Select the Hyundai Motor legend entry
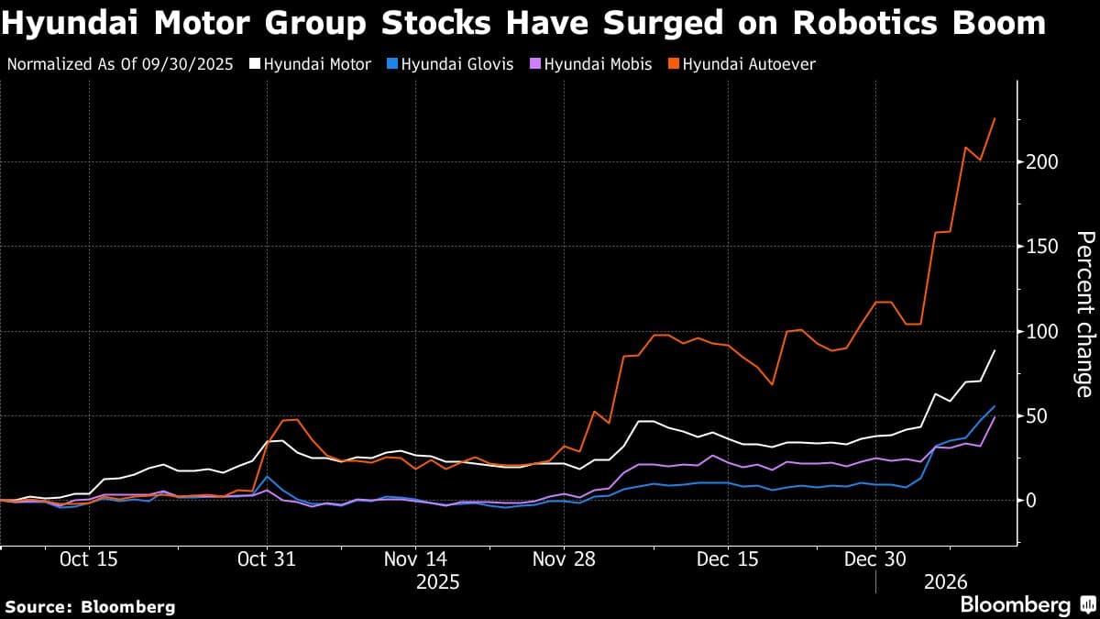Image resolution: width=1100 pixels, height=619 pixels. coord(317,64)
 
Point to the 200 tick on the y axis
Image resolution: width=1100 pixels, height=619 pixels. coord(1039,162)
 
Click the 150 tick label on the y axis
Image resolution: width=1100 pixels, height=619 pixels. coord(1039,247)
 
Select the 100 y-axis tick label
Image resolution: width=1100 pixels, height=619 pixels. coord(1039,331)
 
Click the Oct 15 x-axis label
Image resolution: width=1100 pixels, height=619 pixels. coord(89,558)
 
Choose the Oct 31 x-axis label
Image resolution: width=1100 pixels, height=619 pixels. coord(267,558)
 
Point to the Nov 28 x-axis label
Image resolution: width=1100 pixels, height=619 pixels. coord(566,558)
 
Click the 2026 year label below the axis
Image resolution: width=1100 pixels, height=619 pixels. coord(946,582)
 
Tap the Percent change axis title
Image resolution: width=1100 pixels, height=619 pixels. coord(1084,315)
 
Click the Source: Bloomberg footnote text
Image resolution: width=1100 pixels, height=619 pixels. coord(90,606)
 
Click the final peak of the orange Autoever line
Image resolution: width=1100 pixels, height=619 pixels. coord(995,118)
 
